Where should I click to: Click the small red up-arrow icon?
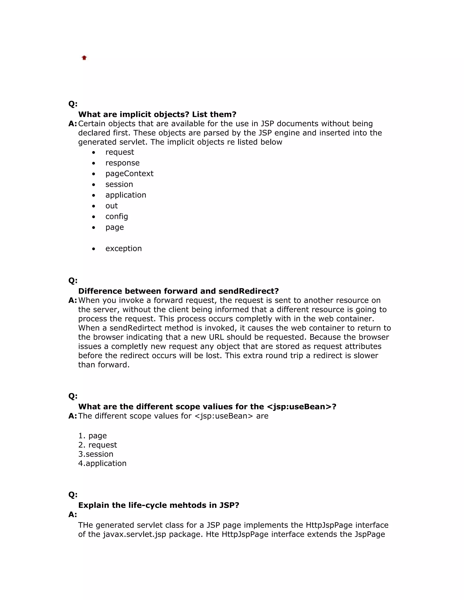(x=84, y=58)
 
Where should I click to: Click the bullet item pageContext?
(x=129, y=174)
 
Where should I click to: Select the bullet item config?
(x=116, y=216)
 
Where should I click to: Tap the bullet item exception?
(x=123, y=248)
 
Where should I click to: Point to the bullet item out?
(x=111, y=206)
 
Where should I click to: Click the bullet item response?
(x=122, y=163)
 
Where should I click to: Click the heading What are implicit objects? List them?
(x=157, y=114)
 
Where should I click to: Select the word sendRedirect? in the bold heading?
(x=249, y=291)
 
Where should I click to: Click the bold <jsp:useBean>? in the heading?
(x=302, y=407)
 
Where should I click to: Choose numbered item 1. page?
(x=92, y=436)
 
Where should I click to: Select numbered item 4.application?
(x=102, y=463)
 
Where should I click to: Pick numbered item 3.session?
(x=96, y=454)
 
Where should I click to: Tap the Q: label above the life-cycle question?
(x=73, y=495)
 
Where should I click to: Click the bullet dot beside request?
(x=94, y=152)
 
